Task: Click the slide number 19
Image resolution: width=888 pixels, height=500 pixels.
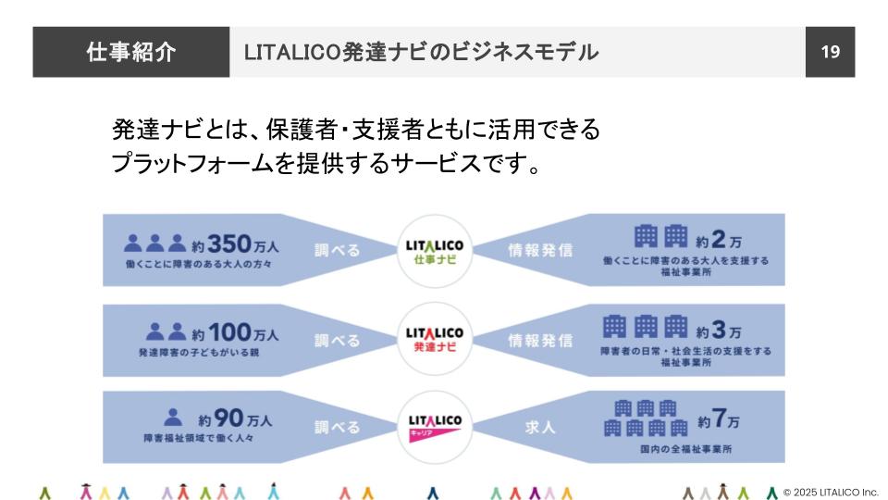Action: (830, 52)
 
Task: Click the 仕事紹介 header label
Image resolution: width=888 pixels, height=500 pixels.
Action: (130, 52)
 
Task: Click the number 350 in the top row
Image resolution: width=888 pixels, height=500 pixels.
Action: (229, 244)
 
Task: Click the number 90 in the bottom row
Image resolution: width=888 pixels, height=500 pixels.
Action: (228, 419)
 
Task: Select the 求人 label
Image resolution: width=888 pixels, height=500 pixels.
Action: (540, 428)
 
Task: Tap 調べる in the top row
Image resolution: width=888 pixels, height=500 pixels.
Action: (337, 250)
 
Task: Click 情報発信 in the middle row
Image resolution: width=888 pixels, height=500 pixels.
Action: (540, 340)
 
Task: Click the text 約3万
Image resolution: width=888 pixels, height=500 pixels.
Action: (720, 330)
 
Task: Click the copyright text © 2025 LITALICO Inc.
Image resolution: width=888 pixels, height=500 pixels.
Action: (830, 492)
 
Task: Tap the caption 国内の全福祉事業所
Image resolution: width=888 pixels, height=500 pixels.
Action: (684, 450)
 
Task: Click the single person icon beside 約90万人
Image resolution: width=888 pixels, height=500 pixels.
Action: (172, 419)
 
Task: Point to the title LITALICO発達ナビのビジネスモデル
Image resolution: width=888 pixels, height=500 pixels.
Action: (421, 52)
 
